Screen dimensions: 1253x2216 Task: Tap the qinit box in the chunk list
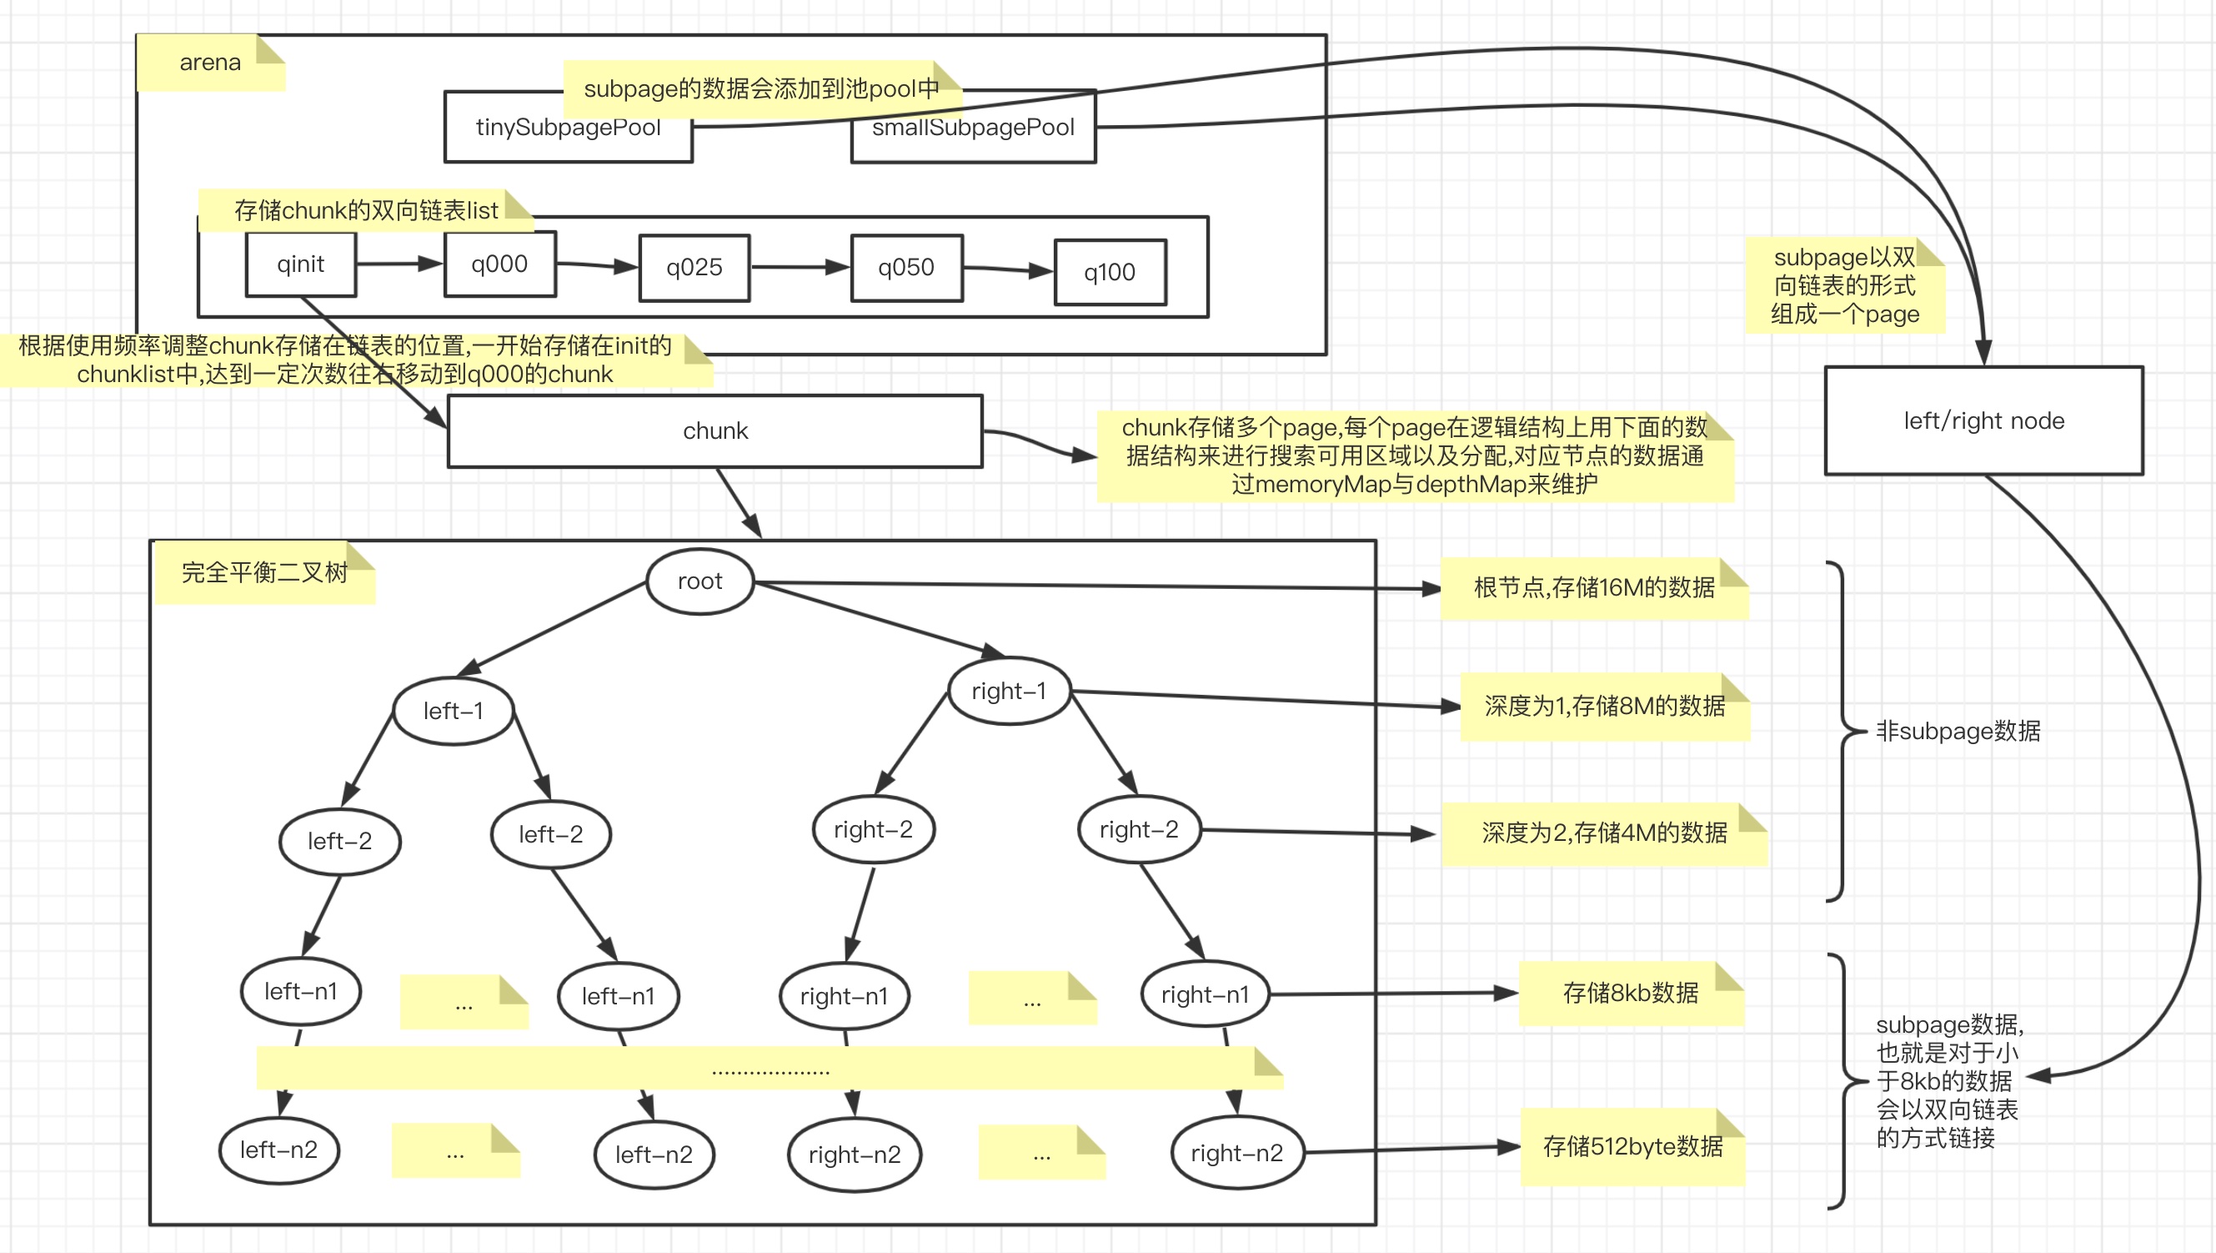click(x=301, y=264)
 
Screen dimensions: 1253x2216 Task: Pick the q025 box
click(x=694, y=268)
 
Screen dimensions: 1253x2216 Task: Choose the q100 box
click(x=1110, y=272)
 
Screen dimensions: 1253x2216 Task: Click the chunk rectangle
click(x=714, y=431)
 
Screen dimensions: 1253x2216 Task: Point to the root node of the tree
click(x=699, y=581)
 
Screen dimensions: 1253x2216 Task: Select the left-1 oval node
click(x=454, y=711)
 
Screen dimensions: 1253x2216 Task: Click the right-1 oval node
click(x=1009, y=691)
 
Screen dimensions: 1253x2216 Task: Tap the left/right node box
click(x=1983, y=420)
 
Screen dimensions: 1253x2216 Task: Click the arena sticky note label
click(x=211, y=63)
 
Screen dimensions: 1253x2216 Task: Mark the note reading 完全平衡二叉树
click(x=265, y=573)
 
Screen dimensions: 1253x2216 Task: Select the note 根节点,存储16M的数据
click(x=1594, y=588)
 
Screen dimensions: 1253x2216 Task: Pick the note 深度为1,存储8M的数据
click(x=1604, y=707)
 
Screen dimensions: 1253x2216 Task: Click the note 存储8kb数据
click(x=1630, y=993)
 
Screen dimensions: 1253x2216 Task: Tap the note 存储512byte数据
click(x=1632, y=1147)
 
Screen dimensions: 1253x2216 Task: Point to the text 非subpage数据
click(x=1958, y=732)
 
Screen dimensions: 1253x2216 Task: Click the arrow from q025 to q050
click(x=800, y=267)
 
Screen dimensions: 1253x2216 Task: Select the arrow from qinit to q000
click(x=400, y=264)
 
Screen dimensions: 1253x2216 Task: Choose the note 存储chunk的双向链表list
click(x=366, y=211)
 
